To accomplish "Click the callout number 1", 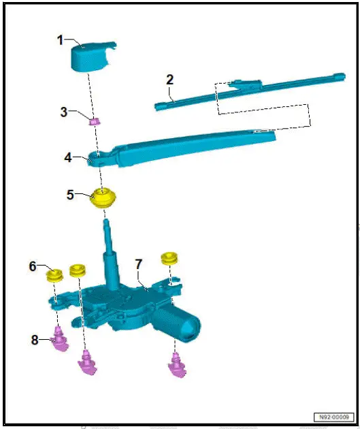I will [61, 41].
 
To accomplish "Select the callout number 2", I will [169, 79].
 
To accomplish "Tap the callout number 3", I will [63, 112].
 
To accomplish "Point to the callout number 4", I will [68, 157].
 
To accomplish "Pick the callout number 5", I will [70, 194].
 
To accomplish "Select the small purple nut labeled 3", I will [95, 122].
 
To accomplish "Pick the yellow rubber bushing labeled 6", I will [54, 276].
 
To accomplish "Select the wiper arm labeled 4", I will [191, 146].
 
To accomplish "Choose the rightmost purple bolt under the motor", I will [176, 366].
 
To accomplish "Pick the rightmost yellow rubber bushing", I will [168, 259].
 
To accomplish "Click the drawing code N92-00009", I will [333, 417].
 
